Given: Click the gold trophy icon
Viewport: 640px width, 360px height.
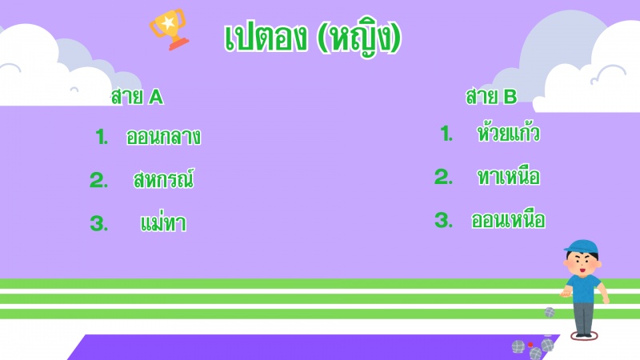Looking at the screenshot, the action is tap(169, 30).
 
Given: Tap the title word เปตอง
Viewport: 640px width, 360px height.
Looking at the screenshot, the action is tap(266, 38).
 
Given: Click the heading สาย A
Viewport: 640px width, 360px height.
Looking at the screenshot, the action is tap(137, 97).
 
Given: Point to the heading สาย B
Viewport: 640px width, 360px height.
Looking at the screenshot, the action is tap(491, 96).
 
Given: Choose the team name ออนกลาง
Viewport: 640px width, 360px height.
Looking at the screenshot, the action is tap(163, 137).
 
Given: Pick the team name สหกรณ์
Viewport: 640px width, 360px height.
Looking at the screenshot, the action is tap(163, 178).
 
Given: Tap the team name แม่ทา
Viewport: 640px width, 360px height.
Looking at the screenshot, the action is tap(163, 223).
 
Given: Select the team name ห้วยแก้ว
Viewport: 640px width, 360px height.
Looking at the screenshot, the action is tap(509, 132).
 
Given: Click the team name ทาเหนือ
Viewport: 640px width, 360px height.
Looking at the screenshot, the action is tap(509, 175).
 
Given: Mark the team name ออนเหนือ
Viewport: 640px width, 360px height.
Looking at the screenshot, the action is tap(508, 219).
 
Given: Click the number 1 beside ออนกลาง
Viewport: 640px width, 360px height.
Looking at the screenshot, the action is tap(102, 137).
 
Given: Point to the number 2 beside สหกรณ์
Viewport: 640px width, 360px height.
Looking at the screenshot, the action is tap(98, 180).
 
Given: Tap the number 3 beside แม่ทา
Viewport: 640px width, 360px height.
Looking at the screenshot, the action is tap(99, 224).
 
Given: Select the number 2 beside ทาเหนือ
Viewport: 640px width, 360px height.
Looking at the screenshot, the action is tap(443, 177).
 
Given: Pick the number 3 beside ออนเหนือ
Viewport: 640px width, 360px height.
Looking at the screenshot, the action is tap(444, 221).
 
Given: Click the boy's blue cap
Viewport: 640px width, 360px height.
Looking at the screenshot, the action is tap(582, 247).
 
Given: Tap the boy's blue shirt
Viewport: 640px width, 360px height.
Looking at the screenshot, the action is tap(584, 288).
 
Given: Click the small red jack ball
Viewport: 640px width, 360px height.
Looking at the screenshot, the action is tap(530, 345).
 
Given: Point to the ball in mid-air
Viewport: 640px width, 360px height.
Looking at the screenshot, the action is tap(550, 313).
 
